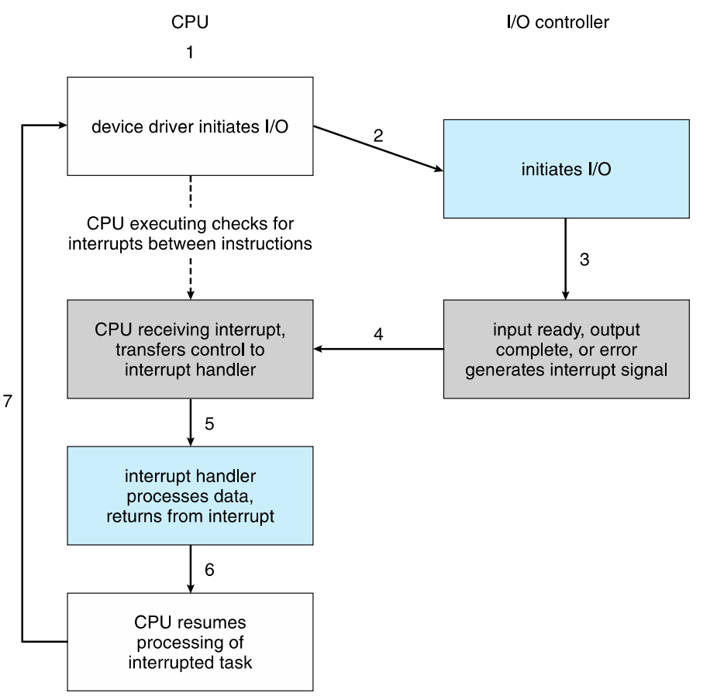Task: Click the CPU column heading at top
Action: tap(190, 22)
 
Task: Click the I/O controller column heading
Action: tap(557, 22)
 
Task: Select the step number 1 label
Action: tap(190, 53)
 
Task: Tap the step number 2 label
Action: tap(378, 135)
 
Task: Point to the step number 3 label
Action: tap(584, 260)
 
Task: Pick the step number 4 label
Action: tap(378, 334)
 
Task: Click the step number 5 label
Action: tap(209, 424)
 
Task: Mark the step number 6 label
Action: tap(209, 570)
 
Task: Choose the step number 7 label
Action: tap(9, 402)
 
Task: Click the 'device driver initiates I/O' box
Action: tap(190, 126)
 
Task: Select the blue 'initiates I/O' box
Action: tap(566, 169)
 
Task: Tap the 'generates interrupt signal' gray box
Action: tap(566, 350)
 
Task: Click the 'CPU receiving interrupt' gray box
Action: tap(190, 350)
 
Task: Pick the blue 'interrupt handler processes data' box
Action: tap(190, 495)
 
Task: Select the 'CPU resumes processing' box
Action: tap(190, 642)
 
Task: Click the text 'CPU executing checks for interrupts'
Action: tap(190, 235)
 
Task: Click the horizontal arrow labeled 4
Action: tap(378, 350)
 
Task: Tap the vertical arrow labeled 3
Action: tap(566, 260)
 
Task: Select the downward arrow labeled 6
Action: tap(190, 570)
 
